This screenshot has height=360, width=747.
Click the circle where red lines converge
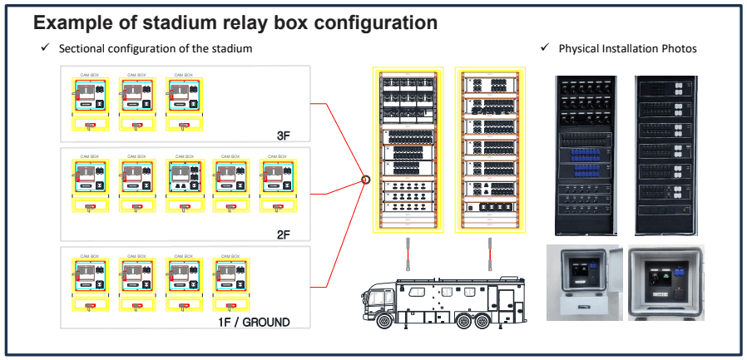(x=364, y=178)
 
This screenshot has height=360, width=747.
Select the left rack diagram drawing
(x=408, y=150)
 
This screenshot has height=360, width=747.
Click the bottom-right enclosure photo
(x=666, y=283)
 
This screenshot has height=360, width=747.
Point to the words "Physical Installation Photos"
(x=627, y=49)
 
